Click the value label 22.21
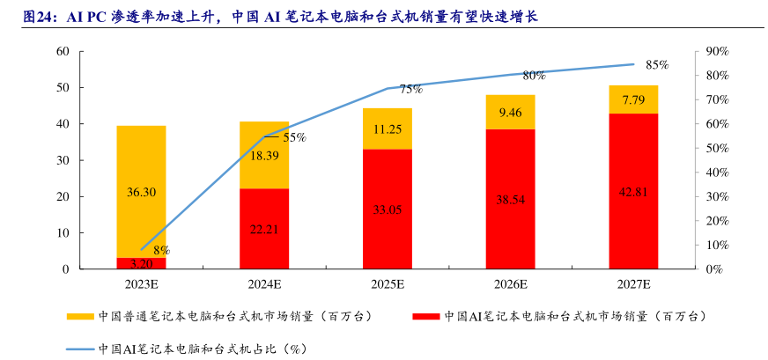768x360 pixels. [264, 230]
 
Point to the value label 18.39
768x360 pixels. [264, 156]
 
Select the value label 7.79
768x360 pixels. [633, 100]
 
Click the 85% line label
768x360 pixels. [657, 65]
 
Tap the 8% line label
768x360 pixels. [161, 250]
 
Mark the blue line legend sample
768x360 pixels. [80, 349]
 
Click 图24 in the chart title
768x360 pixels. [39, 14]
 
